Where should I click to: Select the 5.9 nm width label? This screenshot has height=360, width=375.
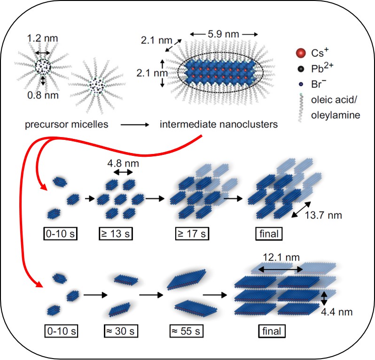coord(225,34)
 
